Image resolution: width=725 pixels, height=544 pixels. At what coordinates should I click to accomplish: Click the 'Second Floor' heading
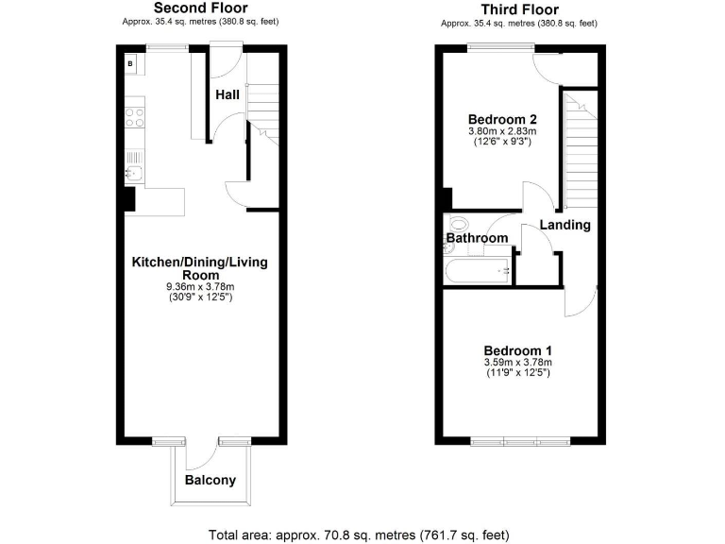tap(201, 8)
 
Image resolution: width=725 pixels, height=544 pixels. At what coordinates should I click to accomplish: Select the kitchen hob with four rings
tap(133, 118)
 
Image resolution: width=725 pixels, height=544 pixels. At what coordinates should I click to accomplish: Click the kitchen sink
tap(133, 173)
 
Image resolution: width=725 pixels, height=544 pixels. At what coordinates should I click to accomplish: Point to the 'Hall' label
tap(227, 94)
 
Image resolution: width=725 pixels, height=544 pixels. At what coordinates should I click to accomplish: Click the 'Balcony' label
tap(210, 480)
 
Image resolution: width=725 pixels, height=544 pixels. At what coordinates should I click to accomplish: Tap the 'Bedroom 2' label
tap(502, 119)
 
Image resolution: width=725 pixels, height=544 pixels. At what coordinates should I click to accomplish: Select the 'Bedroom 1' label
tap(516, 349)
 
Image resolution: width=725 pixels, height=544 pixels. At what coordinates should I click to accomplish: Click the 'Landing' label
tap(565, 225)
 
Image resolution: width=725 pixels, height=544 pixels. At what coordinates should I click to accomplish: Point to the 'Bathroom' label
tap(477, 239)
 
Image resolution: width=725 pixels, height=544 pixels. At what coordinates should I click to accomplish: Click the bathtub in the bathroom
tap(479, 272)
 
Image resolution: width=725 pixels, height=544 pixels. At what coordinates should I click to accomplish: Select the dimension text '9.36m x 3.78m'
tap(200, 286)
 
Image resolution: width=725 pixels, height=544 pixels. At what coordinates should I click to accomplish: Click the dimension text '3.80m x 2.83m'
tap(502, 131)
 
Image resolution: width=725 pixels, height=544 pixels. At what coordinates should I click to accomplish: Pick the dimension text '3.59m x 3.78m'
tap(516, 362)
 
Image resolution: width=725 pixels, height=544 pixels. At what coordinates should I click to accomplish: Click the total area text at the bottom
tap(359, 535)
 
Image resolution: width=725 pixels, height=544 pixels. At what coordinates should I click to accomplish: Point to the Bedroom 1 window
tap(520, 440)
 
